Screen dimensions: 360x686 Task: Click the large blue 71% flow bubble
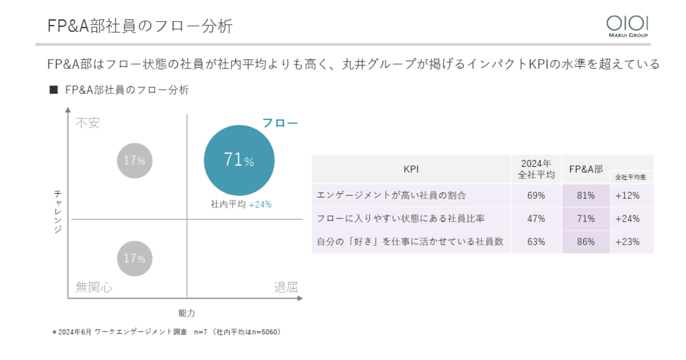(239, 161)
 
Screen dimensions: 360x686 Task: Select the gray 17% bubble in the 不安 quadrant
(135, 161)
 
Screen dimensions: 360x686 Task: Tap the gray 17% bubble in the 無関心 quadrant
(135, 258)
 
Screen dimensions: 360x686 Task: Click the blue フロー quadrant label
(280, 123)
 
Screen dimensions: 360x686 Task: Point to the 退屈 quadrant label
(286, 287)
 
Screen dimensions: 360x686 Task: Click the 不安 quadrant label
(87, 123)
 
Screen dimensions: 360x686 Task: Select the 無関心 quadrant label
(94, 287)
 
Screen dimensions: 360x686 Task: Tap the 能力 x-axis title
(186, 313)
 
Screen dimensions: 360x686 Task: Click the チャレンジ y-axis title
(57, 211)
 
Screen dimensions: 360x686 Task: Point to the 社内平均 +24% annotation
(241, 204)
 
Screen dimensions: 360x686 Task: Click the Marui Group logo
(627, 26)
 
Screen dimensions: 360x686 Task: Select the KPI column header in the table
(411, 169)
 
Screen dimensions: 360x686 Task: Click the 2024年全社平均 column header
(536, 169)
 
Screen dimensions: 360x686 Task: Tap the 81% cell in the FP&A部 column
(586, 195)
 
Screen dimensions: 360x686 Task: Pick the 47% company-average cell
(536, 218)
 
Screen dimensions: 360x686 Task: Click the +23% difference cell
(627, 242)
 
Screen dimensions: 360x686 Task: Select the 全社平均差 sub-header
(631, 177)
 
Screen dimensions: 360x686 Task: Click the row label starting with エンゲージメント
(392, 195)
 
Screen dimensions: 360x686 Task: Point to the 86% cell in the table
(586, 242)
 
